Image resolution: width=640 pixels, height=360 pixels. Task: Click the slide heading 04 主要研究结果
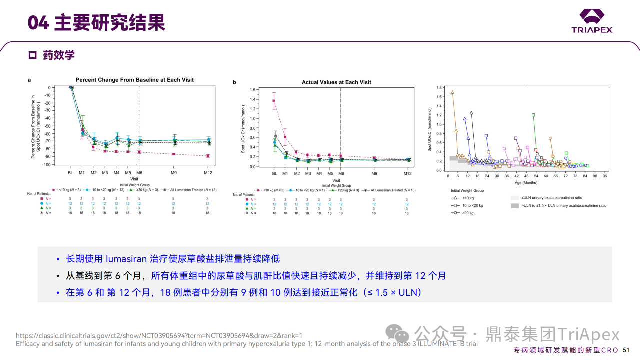coord(96,22)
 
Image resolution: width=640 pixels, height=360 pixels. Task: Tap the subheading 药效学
coord(59,55)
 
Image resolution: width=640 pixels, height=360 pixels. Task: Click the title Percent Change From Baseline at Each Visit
coord(135,80)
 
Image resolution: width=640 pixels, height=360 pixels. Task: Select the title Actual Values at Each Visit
coord(336,82)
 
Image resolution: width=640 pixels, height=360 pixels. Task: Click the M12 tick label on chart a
coord(207,173)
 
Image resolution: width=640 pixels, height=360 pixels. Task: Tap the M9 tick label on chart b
coord(374,173)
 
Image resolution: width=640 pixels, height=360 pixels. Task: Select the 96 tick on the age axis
coord(605,176)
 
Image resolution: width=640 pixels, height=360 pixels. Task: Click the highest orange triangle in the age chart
coord(452,92)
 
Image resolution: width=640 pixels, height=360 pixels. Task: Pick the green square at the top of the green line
coord(533,115)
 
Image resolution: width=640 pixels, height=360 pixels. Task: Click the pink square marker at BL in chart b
coord(274,101)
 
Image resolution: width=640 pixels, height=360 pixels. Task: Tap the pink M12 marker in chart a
coord(207,156)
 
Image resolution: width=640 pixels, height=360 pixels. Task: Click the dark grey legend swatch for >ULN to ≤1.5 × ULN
coord(515,205)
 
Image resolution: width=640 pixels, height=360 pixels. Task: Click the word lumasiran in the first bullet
coord(127,259)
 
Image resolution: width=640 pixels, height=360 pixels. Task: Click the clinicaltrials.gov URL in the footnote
coord(159,336)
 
